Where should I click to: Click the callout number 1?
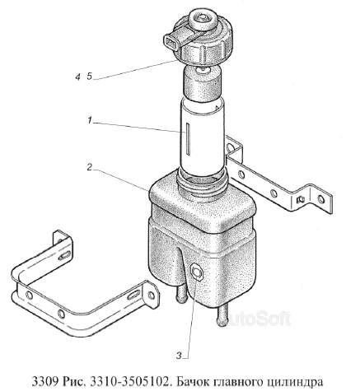90,120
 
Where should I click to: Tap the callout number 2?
89,167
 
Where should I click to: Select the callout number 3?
179,356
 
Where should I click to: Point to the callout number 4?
78,77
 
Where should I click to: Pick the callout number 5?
90,77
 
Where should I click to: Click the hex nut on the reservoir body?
196,272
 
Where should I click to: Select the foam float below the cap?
202,84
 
